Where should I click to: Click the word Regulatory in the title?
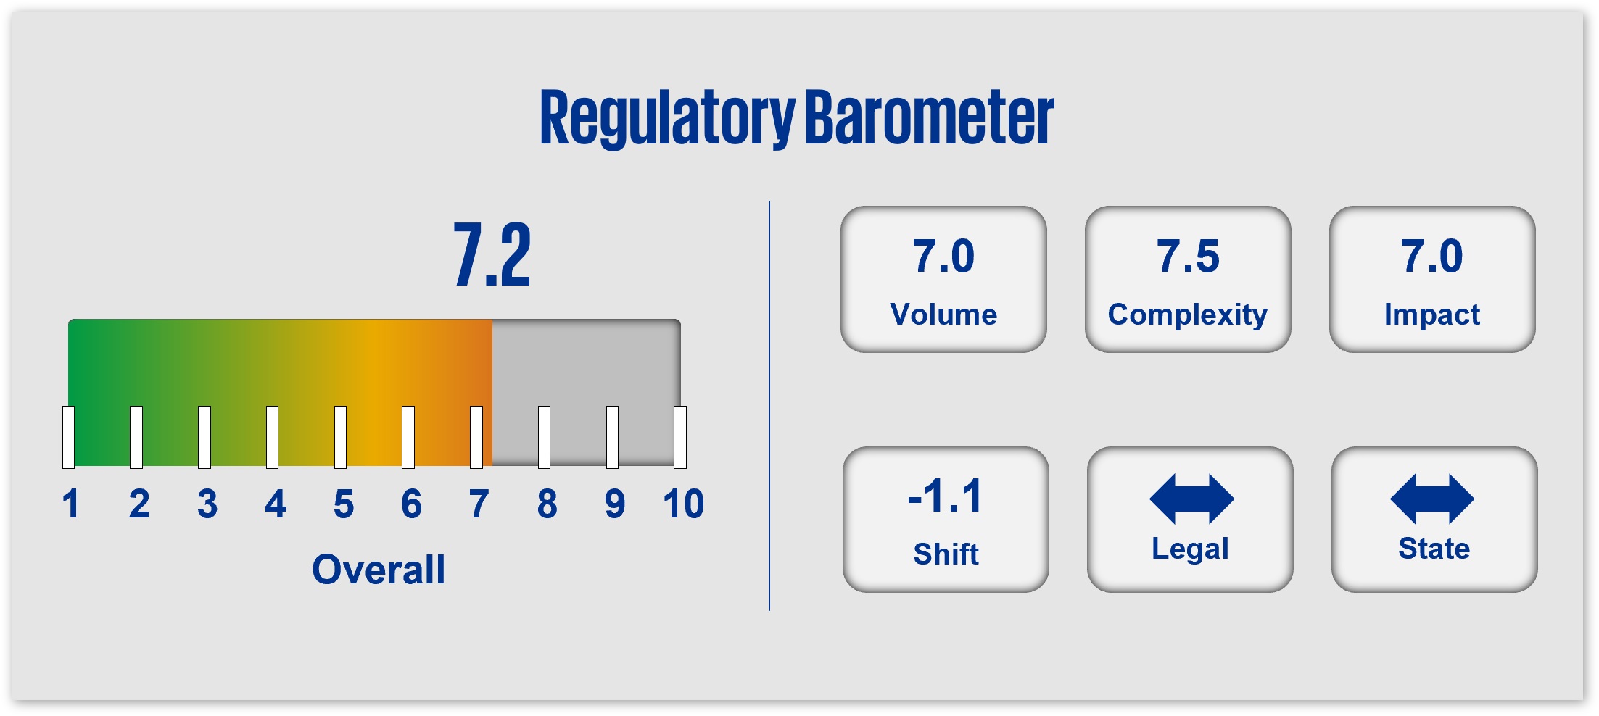click(668, 119)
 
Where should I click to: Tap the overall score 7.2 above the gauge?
click(492, 254)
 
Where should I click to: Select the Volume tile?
click(943, 280)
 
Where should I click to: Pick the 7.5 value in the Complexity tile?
click(1188, 256)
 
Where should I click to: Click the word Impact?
click(1431, 315)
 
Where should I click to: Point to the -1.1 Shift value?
click(945, 496)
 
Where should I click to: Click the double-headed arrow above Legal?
click(1191, 499)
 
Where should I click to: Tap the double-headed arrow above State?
click(1432, 499)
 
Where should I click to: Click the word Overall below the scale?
click(379, 570)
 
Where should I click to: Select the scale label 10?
click(683, 504)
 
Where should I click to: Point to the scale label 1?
click(70, 504)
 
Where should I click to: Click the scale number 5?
click(344, 504)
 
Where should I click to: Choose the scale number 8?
click(548, 504)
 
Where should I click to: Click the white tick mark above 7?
click(476, 437)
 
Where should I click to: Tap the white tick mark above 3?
click(204, 437)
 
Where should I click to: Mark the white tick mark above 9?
click(612, 437)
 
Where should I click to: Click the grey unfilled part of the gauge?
click(586, 362)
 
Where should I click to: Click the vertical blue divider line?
click(769, 406)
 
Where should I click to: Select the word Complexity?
click(1188, 315)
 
